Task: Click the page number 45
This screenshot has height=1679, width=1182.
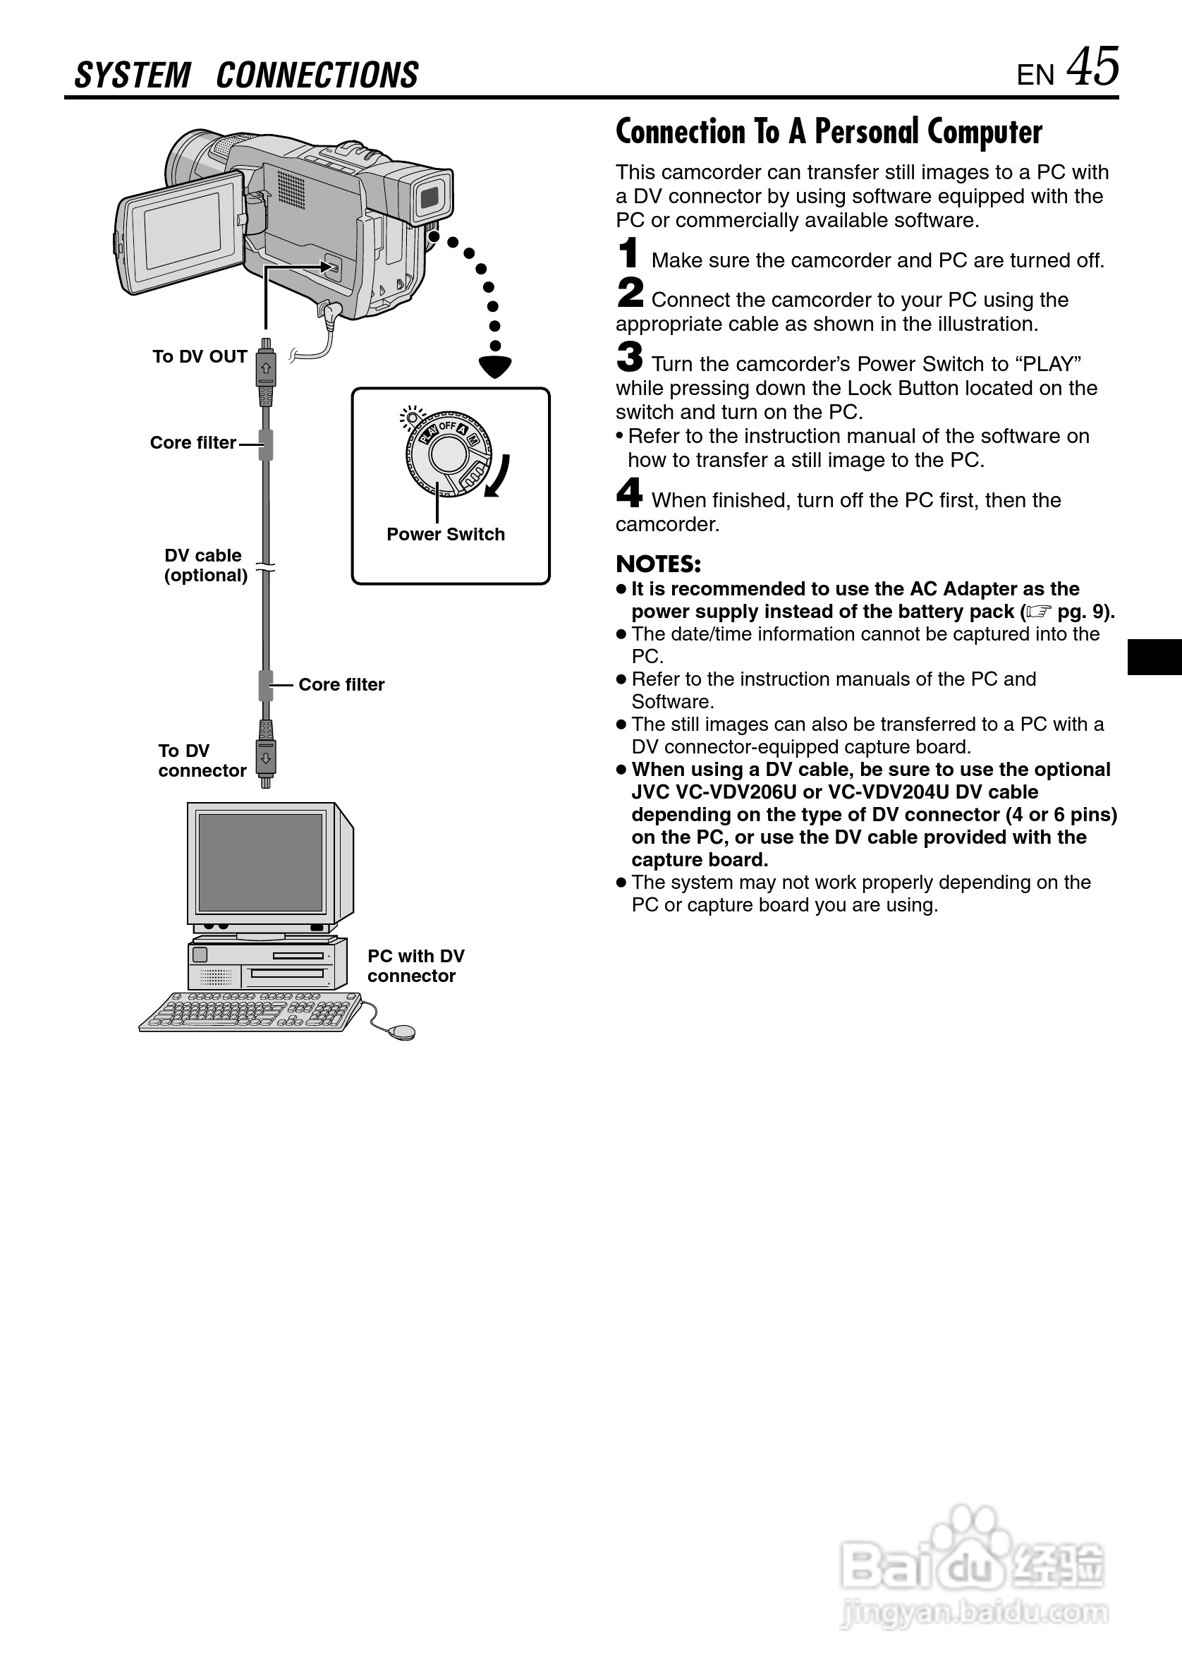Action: pyautogui.click(x=1092, y=67)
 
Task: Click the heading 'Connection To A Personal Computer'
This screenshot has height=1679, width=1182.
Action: pyautogui.click(x=829, y=133)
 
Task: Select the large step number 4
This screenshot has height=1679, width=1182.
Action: pyautogui.click(x=628, y=493)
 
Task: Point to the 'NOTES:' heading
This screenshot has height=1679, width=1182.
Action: pyautogui.click(x=658, y=564)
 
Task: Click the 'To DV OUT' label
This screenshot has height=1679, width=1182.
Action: pyautogui.click(x=200, y=357)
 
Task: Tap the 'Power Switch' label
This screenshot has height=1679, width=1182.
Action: pyautogui.click(x=445, y=535)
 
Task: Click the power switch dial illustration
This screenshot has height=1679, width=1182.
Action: pyautogui.click(x=447, y=454)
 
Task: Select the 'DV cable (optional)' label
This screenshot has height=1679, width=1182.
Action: pyautogui.click(x=205, y=565)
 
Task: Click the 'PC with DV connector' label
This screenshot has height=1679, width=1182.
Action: pyautogui.click(x=415, y=966)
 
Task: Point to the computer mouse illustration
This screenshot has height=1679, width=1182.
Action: pyautogui.click(x=402, y=1031)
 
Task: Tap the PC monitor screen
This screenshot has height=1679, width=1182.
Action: pyautogui.click(x=260, y=862)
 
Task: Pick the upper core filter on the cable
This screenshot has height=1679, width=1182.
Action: pyautogui.click(x=266, y=444)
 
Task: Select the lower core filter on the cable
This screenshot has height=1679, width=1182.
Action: pyautogui.click(x=266, y=685)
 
